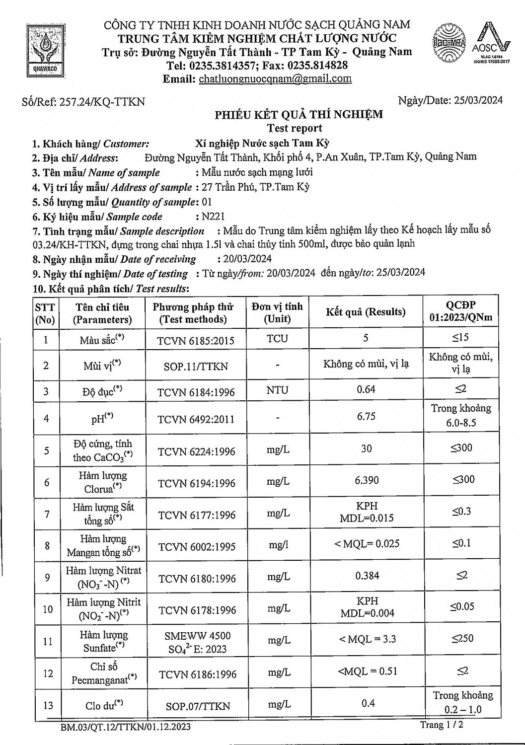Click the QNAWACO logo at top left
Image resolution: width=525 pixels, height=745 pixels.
click(x=45, y=50)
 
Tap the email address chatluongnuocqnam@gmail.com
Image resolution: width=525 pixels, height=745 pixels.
click(x=275, y=78)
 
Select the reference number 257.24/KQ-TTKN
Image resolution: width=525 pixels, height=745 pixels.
click(x=102, y=102)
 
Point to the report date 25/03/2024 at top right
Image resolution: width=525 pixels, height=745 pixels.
click(x=477, y=100)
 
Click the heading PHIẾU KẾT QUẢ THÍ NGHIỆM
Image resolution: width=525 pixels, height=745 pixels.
click(x=299, y=115)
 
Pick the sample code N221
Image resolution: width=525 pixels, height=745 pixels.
click(x=214, y=217)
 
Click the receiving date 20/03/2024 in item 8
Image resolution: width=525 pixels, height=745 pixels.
click(x=244, y=259)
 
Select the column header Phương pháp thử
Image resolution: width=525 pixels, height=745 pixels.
click(x=193, y=313)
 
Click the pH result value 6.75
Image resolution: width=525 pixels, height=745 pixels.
click(x=366, y=416)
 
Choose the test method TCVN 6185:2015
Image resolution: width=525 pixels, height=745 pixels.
click(x=196, y=341)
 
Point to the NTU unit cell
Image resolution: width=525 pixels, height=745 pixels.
click(x=277, y=390)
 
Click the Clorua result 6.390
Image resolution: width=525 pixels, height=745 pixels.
click(x=367, y=480)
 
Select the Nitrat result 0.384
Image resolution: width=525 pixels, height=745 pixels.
click(x=367, y=576)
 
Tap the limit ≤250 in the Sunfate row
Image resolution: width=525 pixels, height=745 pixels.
click(x=462, y=638)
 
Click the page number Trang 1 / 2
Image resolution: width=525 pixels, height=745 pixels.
click(x=442, y=725)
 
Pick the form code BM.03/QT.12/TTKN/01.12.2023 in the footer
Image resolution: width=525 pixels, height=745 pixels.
click(x=126, y=727)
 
